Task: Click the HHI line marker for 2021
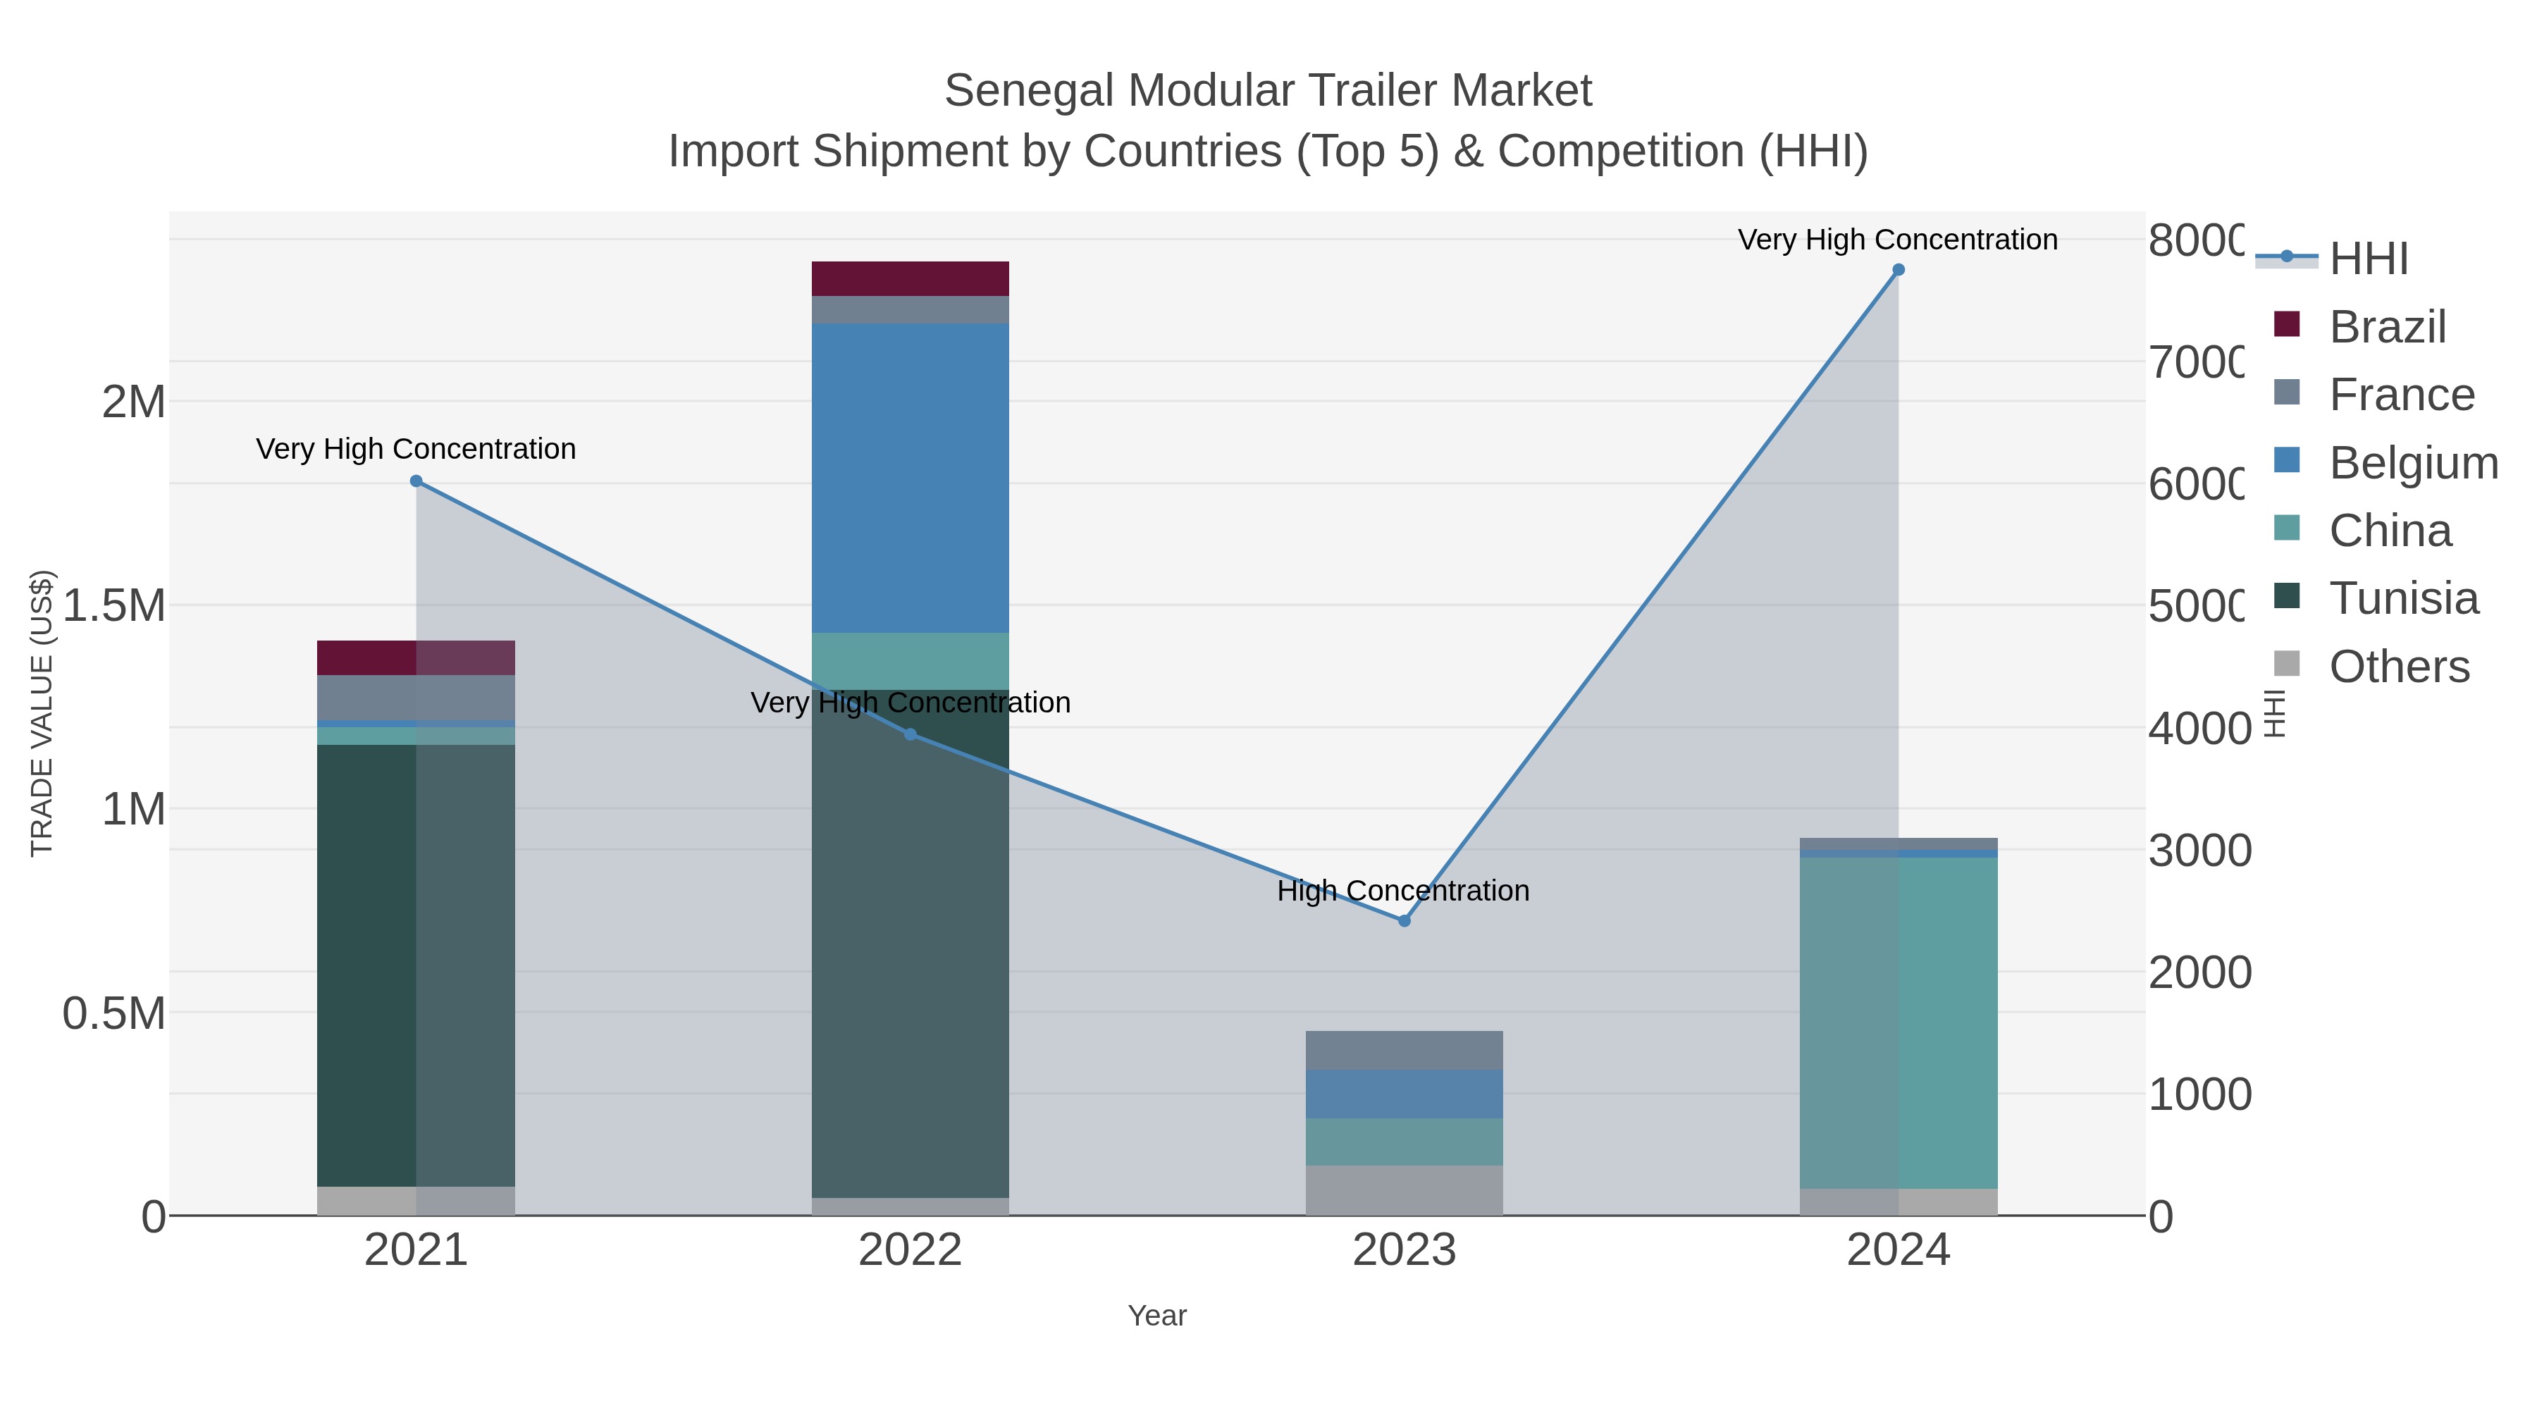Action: [x=416, y=481]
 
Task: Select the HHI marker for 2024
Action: [x=1898, y=270]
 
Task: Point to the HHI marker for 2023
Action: [x=1405, y=921]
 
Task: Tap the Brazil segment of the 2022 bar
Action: [x=909, y=278]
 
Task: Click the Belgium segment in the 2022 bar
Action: [x=909, y=478]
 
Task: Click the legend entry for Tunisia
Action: [x=2402, y=599]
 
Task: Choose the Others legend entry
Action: [x=2398, y=667]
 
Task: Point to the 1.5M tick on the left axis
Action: [x=114, y=605]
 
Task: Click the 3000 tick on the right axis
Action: [x=2199, y=851]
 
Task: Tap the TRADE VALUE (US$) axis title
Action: [x=42, y=713]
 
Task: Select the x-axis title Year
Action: [x=1156, y=1316]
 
